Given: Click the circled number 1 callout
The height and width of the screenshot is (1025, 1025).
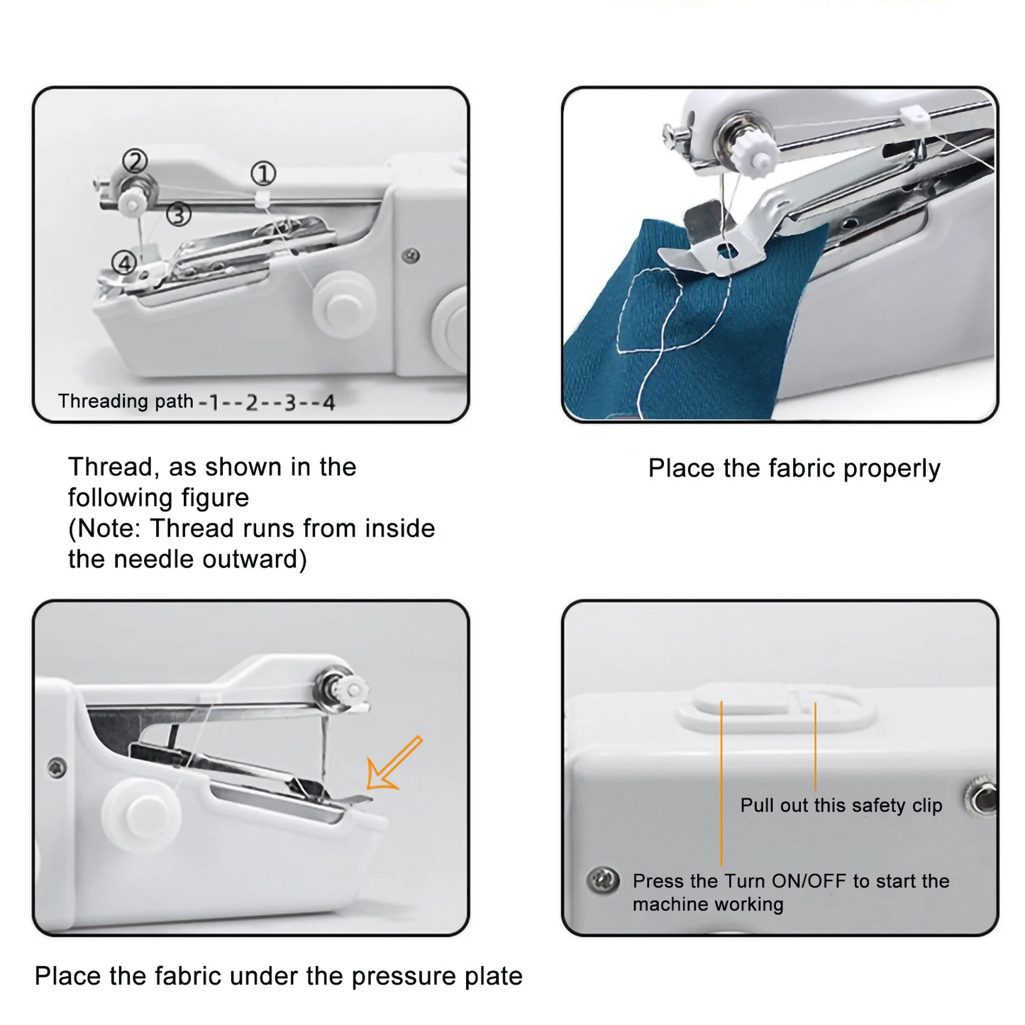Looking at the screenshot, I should point(263,174).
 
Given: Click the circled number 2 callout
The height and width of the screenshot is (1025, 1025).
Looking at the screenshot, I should point(135,161).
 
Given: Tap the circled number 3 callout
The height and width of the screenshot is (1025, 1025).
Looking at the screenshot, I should point(179,214).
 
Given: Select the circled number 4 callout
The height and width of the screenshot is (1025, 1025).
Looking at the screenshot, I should point(125,263).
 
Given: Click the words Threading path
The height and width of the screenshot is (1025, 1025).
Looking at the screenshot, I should point(126,401).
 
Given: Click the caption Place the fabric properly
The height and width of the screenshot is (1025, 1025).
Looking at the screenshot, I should point(794,468).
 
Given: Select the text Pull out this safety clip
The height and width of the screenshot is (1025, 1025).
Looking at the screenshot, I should point(841,805).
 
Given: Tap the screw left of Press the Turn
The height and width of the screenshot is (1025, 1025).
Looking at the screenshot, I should point(604,880).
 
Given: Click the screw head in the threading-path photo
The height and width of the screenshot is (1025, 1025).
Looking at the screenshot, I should point(410,255).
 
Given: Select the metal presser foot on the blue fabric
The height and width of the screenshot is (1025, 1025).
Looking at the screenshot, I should point(716,252).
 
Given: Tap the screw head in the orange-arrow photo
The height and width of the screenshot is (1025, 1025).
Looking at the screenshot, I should point(57,767).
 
